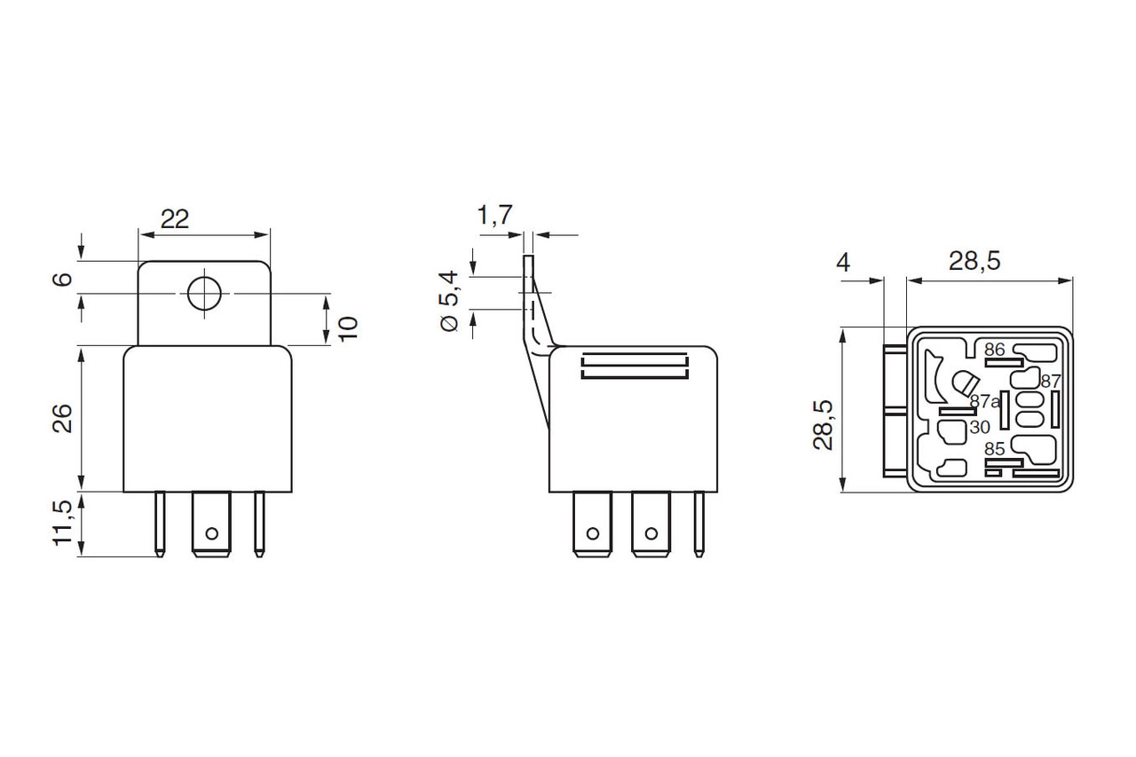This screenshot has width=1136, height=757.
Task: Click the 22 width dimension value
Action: coord(175,218)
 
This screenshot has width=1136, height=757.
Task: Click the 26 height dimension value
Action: coord(62,417)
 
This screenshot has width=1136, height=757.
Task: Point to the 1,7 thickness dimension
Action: coord(494,214)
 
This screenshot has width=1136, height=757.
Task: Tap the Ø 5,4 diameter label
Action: coord(451,302)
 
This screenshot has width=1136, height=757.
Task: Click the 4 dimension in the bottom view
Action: coord(843,263)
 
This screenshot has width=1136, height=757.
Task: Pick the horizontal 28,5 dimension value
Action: coord(974,262)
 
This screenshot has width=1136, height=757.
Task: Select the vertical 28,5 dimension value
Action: coord(823,424)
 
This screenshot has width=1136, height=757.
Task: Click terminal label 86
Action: coord(994,350)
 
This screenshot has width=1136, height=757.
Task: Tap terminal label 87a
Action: coord(984,401)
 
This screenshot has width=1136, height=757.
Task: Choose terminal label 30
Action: coord(980,427)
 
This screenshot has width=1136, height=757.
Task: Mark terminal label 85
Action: coord(994,450)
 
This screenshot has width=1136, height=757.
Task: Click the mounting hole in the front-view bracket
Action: coord(203,293)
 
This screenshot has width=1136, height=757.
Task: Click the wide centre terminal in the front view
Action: coord(211,525)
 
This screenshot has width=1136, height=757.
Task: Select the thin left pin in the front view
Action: coord(160,524)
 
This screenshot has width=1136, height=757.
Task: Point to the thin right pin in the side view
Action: coord(700,524)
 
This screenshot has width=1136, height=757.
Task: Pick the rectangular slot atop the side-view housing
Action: coord(635,367)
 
